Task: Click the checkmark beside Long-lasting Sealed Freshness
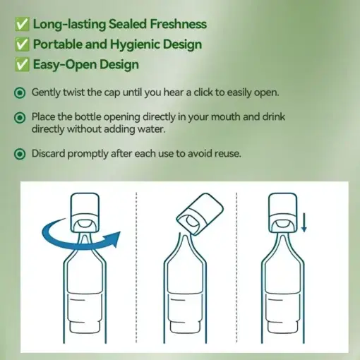(21, 25)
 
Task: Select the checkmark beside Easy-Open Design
(21, 65)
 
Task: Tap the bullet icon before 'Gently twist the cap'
(20, 92)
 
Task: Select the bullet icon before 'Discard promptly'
(20, 152)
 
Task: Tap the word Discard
(50, 152)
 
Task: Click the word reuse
(226, 152)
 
